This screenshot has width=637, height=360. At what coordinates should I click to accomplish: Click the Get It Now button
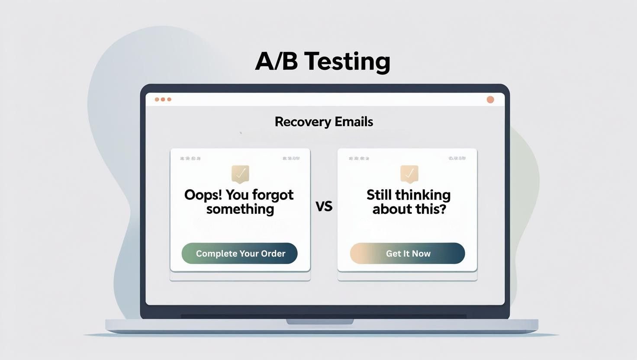[x=407, y=254]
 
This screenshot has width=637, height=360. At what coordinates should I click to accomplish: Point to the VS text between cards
[x=324, y=206]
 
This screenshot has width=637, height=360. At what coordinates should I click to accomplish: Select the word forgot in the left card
[x=273, y=195]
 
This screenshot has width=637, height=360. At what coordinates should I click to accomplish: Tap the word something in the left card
[x=240, y=209]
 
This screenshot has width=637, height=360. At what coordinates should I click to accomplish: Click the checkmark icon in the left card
[x=240, y=174]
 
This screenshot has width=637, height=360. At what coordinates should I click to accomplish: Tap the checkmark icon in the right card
[x=409, y=174]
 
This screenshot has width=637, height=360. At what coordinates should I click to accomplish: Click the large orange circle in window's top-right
[x=490, y=100]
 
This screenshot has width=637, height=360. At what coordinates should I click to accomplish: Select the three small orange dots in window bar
[x=163, y=100]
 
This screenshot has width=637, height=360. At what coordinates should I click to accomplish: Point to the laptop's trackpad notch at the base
[x=320, y=321]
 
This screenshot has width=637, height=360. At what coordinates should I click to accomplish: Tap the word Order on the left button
[x=273, y=254]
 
